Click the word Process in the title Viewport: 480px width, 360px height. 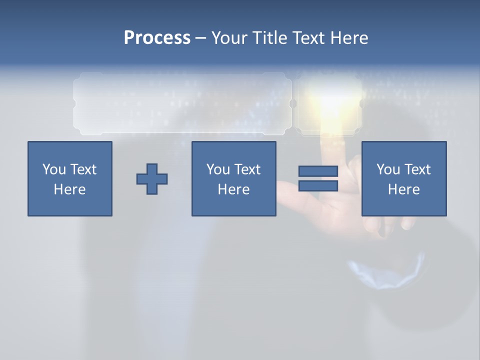[x=157, y=38]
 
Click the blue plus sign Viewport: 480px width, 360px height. [x=152, y=179]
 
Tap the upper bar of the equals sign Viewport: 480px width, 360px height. [x=318, y=171]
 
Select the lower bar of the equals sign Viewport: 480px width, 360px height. [x=318, y=185]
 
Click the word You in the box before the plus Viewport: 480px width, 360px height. [x=54, y=169]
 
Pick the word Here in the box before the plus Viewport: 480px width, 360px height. [x=70, y=189]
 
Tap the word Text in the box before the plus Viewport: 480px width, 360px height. [x=83, y=169]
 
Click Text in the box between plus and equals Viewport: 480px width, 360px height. [x=247, y=169]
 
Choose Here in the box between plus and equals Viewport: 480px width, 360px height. [x=234, y=189]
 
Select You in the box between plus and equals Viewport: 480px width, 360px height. [x=218, y=169]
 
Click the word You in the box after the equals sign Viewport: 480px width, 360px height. [x=388, y=169]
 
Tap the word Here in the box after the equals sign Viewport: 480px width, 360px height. [x=404, y=189]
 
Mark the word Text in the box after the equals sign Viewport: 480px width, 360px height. [x=417, y=169]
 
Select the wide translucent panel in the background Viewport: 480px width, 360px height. [x=182, y=103]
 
